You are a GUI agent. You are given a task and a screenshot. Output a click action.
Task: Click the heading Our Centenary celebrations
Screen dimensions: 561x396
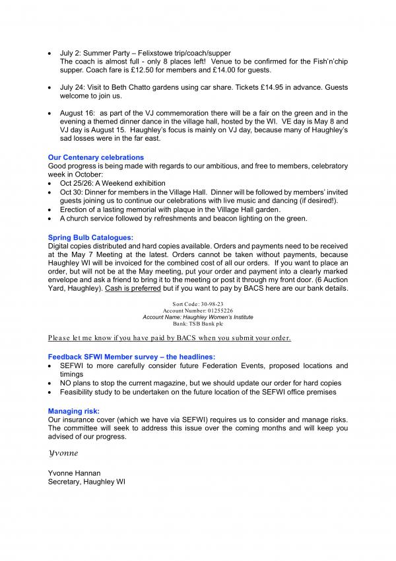pyautogui.click(x=96, y=157)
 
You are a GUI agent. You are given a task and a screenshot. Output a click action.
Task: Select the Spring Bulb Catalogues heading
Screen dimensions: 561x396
pyautogui.click(x=90, y=237)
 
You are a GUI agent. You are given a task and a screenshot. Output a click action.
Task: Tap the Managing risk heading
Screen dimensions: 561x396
pyautogui.click(x=73, y=411)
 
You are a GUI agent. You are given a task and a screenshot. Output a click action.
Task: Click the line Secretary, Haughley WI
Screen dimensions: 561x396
pyautogui.click(x=86, y=482)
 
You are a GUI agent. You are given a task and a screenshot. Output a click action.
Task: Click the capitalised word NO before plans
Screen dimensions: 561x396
pyautogui.click(x=67, y=383)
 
